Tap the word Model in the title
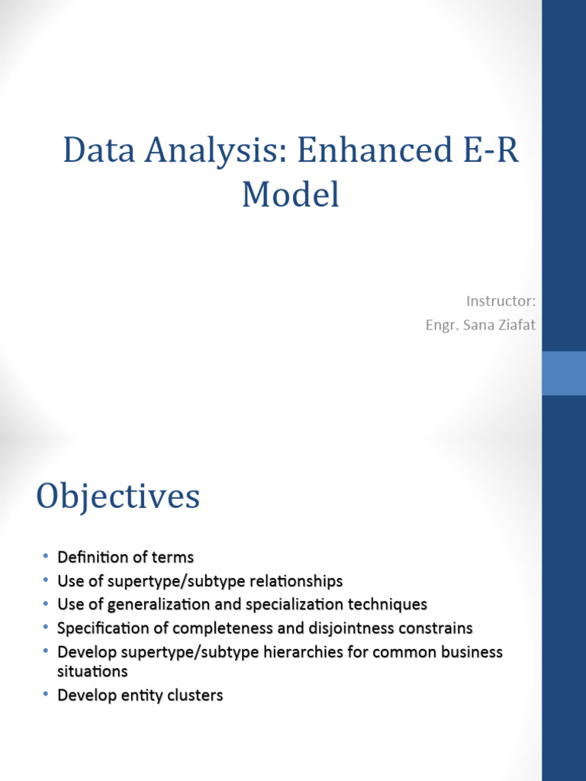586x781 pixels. (290, 194)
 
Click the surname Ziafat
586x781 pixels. (515, 326)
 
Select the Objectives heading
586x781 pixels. (118, 497)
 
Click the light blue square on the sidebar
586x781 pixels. (564, 373)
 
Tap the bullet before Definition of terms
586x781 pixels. (45, 557)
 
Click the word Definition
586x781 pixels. (89, 558)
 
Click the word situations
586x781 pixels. (92, 672)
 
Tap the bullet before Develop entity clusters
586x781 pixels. (45, 695)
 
